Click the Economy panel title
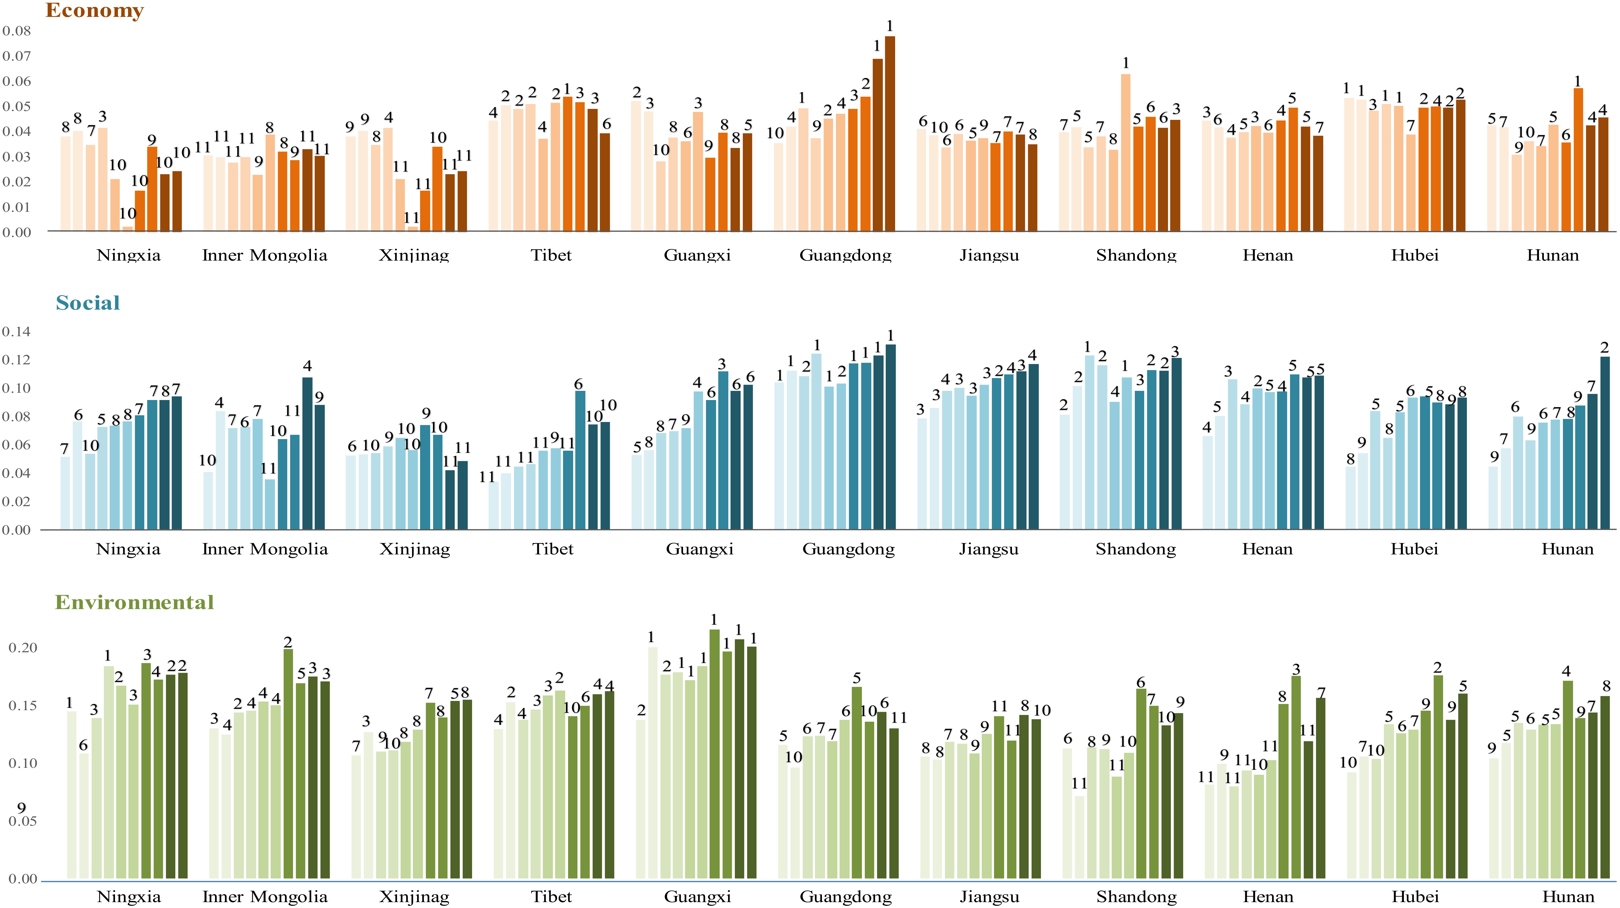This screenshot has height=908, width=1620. coord(94,11)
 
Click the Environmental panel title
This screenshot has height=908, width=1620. coord(134,602)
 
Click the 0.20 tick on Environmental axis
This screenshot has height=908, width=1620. coord(23,648)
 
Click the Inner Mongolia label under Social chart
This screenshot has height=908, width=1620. coord(265,549)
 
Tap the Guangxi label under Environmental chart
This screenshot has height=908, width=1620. coord(698,897)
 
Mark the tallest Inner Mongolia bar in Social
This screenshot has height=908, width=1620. coord(307,453)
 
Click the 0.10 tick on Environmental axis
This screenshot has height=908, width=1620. coord(23,764)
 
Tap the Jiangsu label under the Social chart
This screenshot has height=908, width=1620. coord(989,549)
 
